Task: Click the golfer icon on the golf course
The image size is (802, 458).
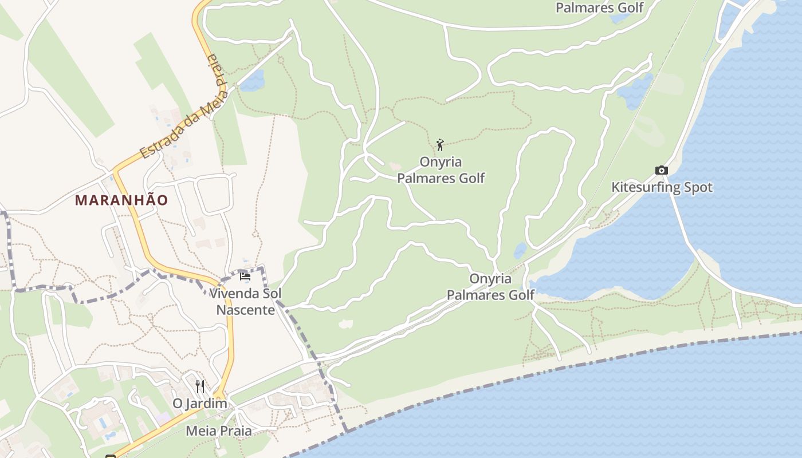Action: pos(440,145)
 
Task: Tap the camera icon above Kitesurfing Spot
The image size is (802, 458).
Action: pos(662,170)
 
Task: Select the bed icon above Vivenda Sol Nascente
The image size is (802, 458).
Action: pos(245,277)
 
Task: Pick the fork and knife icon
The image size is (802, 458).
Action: pos(199,386)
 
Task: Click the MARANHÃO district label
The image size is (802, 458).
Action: pos(121,200)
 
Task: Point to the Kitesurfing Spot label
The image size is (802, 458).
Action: pos(662,187)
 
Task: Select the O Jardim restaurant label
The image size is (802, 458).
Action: pos(200,404)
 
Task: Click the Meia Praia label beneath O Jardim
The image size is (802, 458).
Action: pos(218,431)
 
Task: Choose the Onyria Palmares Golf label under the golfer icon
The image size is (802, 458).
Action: pos(441,170)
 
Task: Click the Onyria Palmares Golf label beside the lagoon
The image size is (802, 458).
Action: pos(490,287)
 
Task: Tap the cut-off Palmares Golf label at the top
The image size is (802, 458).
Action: pos(600,8)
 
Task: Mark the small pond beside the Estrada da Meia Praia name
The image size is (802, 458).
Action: pos(253,81)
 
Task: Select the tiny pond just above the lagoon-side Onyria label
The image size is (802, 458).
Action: pos(520,251)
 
